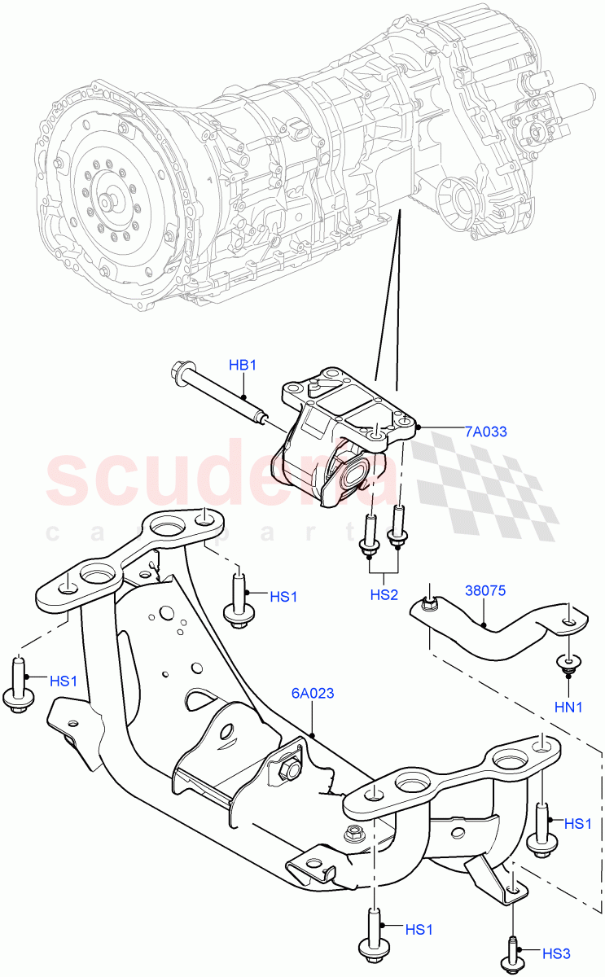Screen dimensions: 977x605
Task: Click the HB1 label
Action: tap(242, 366)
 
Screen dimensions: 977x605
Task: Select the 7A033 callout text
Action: tap(486, 432)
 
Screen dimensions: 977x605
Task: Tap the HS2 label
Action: tap(384, 595)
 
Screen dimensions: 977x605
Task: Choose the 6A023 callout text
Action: tap(313, 694)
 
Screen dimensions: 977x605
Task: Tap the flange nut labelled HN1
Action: tap(568, 663)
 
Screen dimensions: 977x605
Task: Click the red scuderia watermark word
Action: tap(220, 472)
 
